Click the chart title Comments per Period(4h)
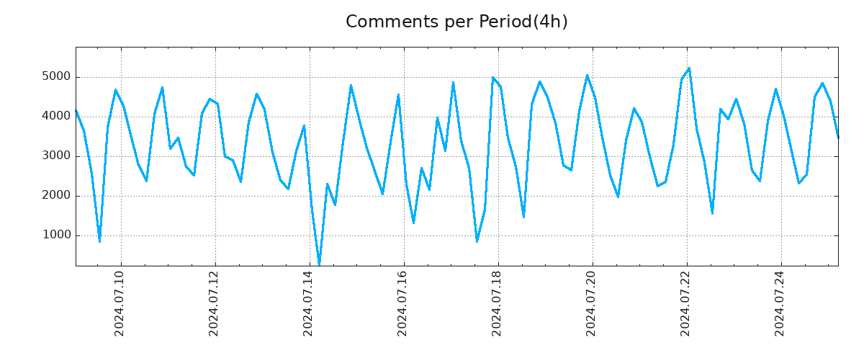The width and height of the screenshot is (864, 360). click(456, 22)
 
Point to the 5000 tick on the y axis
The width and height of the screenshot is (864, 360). click(56, 77)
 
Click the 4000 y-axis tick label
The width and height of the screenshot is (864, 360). click(56, 117)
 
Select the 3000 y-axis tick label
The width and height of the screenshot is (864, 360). click(56, 156)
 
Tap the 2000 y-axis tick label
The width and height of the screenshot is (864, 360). click(56, 196)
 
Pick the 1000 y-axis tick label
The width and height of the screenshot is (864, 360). click(56, 235)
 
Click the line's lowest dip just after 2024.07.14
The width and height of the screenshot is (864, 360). click(319, 264)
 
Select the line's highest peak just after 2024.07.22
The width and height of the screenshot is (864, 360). click(690, 68)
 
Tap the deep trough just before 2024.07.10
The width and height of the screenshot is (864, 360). click(99, 241)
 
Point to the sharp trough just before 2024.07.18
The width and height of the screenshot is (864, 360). click(477, 241)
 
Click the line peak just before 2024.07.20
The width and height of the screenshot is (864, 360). click(587, 75)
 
